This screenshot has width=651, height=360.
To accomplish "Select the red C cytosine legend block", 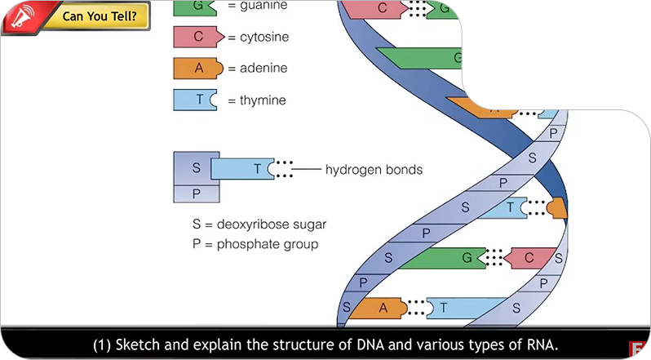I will click(x=197, y=38).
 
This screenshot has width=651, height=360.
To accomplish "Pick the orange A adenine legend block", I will click(x=196, y=69).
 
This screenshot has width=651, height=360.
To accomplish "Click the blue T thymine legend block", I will click(x=196, y=100).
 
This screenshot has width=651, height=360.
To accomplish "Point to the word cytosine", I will click(x=259, y=38).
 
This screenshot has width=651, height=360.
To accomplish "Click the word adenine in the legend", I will click(x=257, y=69).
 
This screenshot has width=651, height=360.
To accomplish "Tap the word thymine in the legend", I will click(x=257, y=100).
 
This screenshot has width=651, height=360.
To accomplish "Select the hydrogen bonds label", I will click(x=374, y=170).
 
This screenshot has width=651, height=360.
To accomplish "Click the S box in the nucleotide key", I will click(x=196, y=167).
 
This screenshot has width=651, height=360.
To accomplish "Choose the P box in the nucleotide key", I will click(x=196, y=193).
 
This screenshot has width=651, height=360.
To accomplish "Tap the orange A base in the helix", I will click(x=383, y=308).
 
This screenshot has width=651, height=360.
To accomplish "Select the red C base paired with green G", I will click(x=526, y=259).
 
